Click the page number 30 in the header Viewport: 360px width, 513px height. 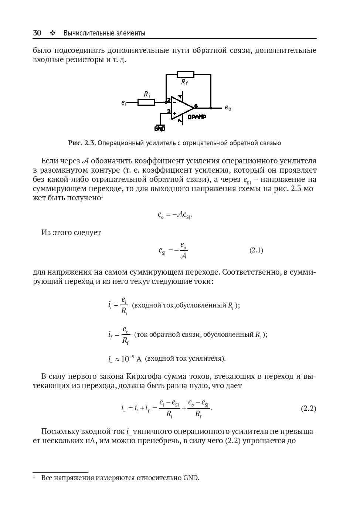click(37, 33)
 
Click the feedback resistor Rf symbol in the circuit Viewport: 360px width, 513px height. click(186, 74)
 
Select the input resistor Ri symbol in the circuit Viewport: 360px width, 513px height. click(146, 102)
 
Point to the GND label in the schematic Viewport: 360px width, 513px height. click(160, 129)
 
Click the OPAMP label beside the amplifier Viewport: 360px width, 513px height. click(197, 117)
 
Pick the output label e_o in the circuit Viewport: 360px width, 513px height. click(228, 108)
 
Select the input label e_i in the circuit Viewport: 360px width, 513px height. click(123, 103)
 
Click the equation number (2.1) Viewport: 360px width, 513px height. click(256, 250)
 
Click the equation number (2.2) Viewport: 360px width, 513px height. click(308, 408)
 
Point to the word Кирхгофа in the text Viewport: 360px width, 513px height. click(144, 377)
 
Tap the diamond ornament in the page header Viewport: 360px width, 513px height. click(52, 33)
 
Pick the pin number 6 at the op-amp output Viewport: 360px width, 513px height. click(196, 106)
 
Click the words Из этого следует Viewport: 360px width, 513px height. click(71, 232)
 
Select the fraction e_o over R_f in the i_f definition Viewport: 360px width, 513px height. click(126, 335)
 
